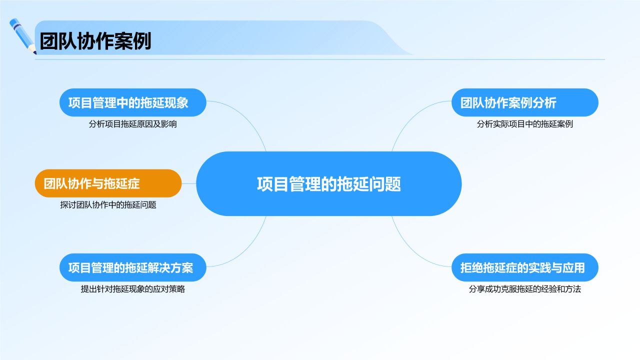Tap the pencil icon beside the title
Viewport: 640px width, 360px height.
click(x=22, y=35)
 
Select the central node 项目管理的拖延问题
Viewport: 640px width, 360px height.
click(x=328, y=183)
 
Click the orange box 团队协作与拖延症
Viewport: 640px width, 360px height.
click(x=107, y=183)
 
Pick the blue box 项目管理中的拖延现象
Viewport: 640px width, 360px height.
click(x=132, y=102)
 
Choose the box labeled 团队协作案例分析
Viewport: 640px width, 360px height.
click(x=524, y=102)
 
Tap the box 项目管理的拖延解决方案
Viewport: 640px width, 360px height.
click(x=132, y=267)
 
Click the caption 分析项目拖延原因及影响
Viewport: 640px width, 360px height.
click(x=132, y=124)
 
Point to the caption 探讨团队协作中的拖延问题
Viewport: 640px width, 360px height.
click(x=107, y=204)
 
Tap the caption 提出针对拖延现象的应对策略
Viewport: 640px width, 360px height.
click(x=132, y=289)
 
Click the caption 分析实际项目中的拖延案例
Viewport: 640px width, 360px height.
click(x=524, y=124)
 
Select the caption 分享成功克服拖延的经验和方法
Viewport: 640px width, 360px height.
click(x=524, y=289)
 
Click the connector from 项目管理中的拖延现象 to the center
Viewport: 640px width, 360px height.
click(x=250, y=120)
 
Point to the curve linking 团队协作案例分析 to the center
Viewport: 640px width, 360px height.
click(x=407, y=120)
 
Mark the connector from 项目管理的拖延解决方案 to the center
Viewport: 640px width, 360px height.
click(x=250, y=247)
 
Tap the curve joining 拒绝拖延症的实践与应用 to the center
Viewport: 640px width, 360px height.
click(x=407, y=247)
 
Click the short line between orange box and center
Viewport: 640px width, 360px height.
click(x=189, y=183)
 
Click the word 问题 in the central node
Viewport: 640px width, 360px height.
click(x=385, y=183)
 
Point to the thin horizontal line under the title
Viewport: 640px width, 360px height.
click(x=320, y=59)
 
